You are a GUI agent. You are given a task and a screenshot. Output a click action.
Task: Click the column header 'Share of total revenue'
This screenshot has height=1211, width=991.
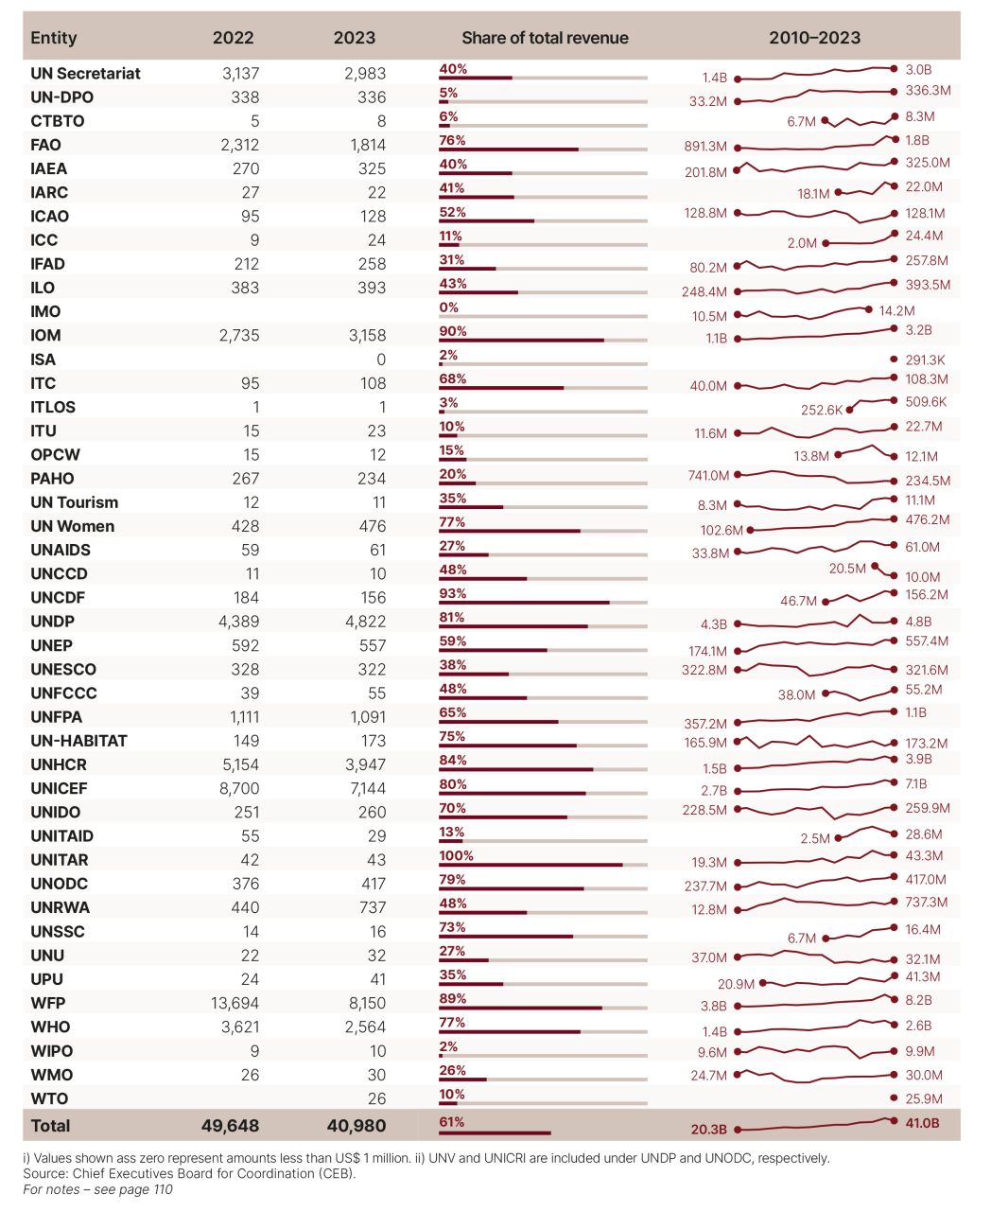[x=545, y=38]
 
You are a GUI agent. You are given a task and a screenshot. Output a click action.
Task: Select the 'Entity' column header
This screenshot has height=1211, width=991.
[x=53, y=38]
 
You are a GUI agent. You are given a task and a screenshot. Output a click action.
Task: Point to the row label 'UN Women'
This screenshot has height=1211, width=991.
[x=72, y=526]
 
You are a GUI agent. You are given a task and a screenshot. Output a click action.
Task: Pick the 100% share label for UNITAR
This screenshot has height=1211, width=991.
[x=456, y=855]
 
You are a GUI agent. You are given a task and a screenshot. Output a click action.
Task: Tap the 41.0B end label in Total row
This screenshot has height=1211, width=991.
[x=922, y=1123]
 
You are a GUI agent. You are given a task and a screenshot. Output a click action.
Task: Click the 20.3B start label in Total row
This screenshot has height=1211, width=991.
[x=708, y=1130]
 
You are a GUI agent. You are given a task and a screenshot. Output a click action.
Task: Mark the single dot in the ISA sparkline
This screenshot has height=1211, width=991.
[x=895, y=360]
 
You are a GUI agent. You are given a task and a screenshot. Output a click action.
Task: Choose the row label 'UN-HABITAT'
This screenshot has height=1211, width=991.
[x=78, y=741]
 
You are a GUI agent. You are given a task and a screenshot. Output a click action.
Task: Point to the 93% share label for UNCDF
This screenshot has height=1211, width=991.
[x=452, y=593]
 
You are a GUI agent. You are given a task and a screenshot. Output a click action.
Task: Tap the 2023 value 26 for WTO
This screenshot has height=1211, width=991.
[x=376, y=1098]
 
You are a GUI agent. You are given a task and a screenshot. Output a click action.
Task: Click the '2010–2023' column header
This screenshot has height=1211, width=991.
[x=814, y=38]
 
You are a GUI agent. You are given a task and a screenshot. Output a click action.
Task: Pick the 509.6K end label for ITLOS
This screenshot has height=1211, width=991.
[x=926, y=401]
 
